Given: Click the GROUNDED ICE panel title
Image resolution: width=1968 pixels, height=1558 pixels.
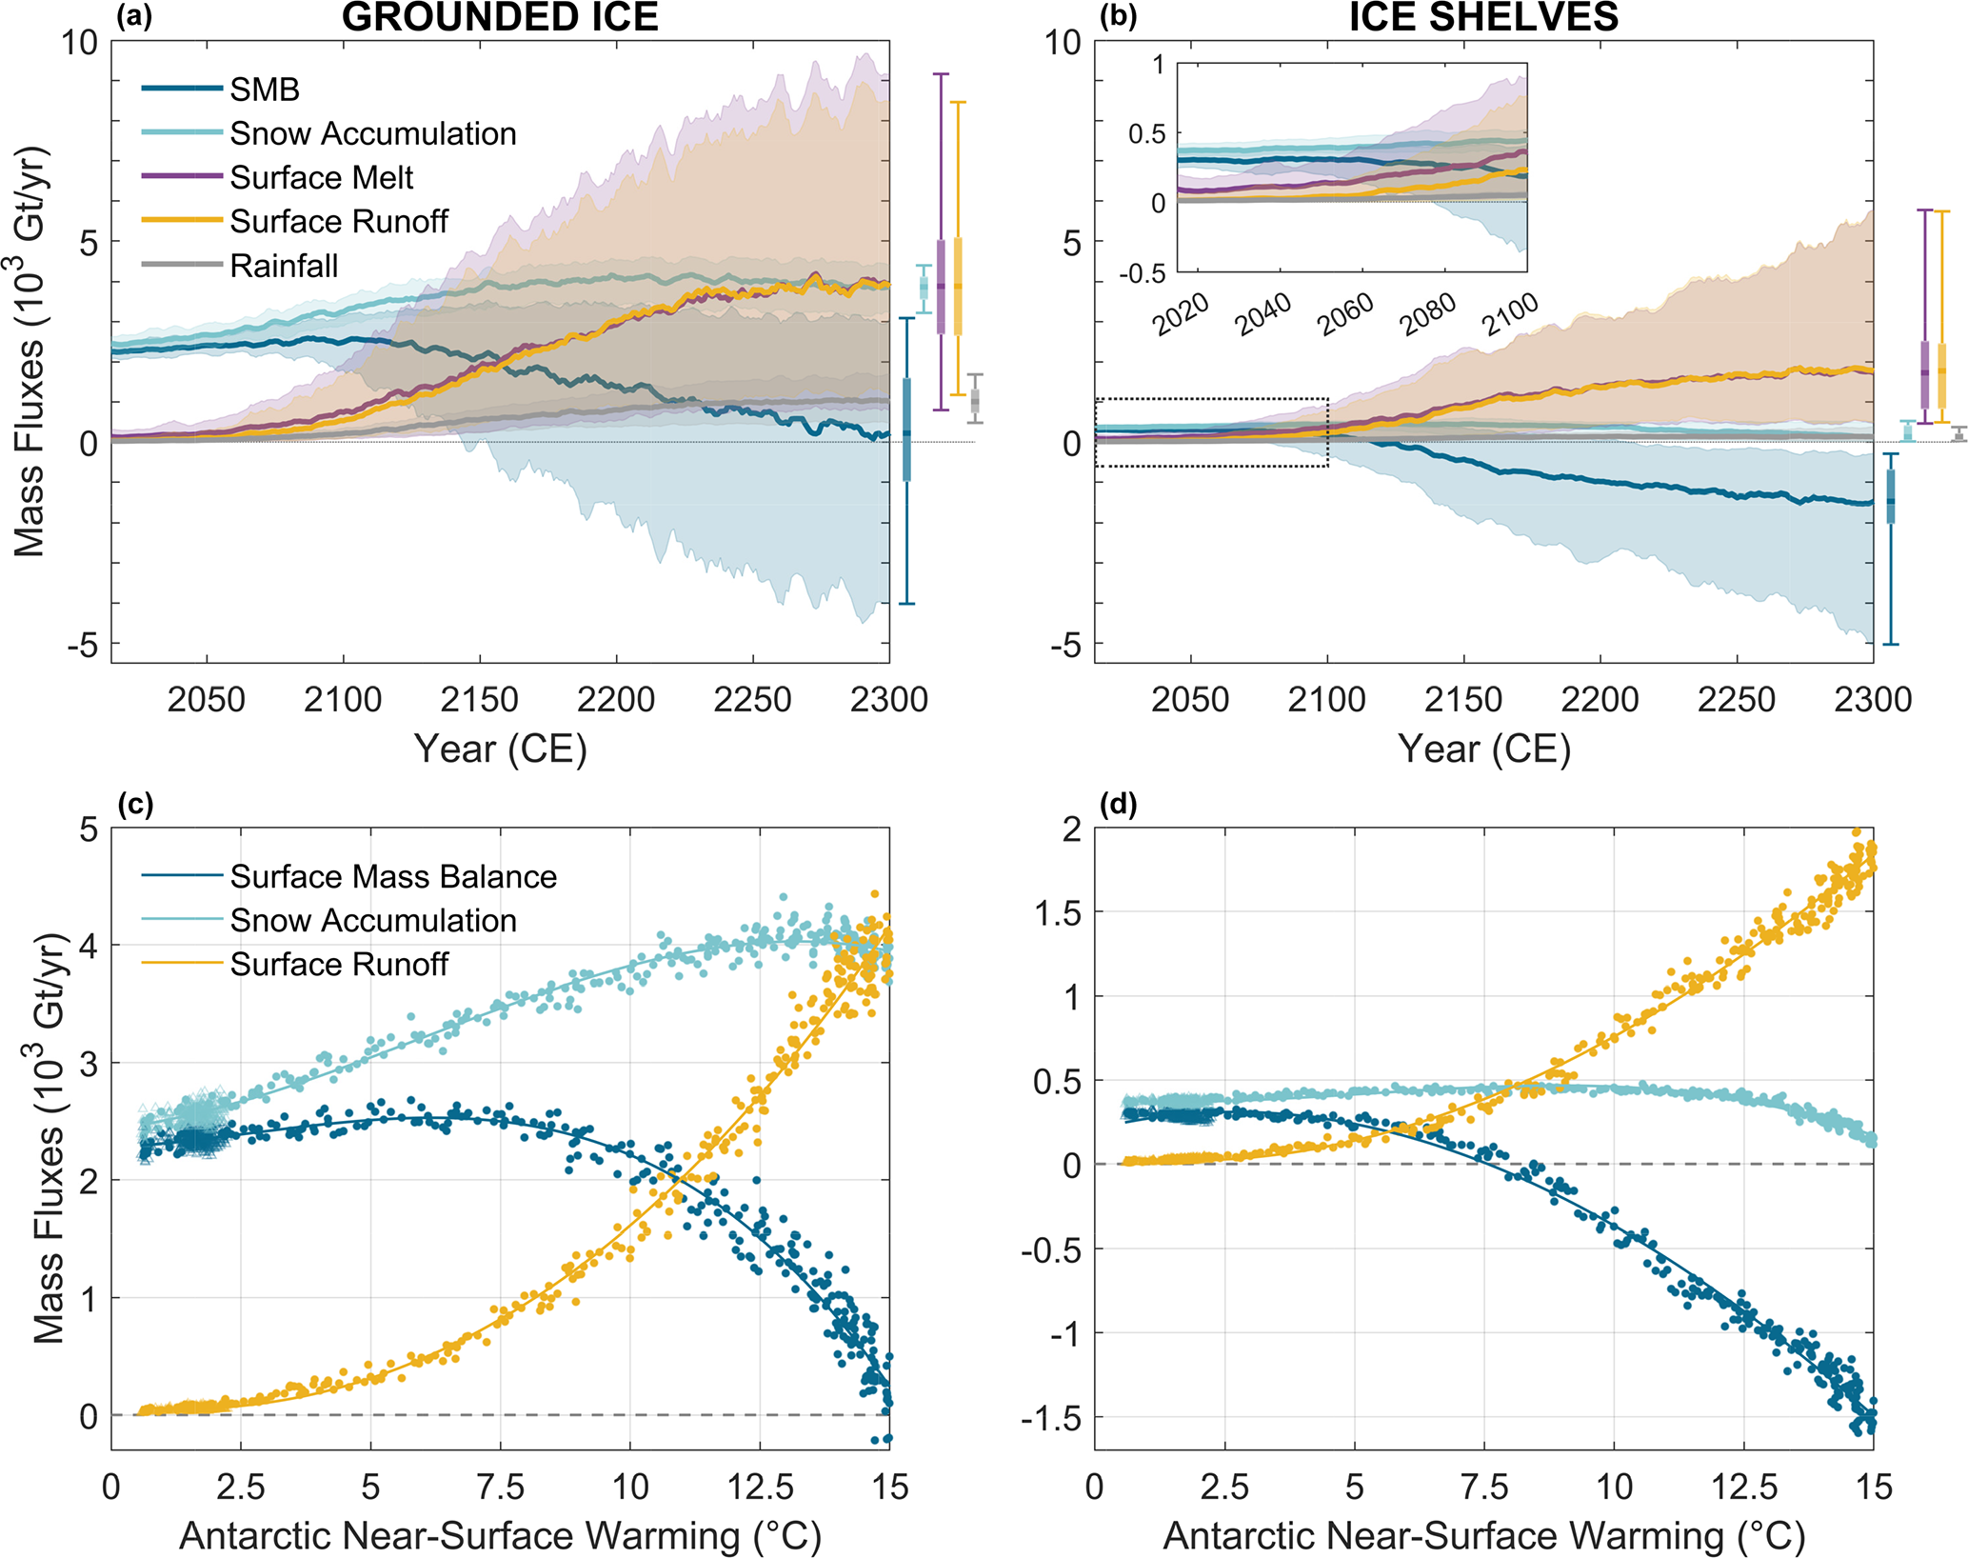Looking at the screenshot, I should click(500, 18).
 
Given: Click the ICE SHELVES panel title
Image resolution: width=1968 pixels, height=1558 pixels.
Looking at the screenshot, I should click(1483, 18).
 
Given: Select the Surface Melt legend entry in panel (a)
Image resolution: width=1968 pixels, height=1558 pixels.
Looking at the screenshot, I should click(321, 177).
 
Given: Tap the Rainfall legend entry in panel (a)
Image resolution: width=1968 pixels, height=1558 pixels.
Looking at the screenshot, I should click(284, 265).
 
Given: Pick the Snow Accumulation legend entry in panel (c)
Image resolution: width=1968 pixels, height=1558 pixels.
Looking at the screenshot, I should click(373, 920).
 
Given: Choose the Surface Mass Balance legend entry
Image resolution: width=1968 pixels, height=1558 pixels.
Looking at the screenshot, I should click(392, 876).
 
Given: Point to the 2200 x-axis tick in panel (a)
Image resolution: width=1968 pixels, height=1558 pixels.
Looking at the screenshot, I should click(616, 700).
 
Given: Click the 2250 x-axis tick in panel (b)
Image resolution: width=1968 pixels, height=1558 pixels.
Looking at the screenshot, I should click(1737, 700).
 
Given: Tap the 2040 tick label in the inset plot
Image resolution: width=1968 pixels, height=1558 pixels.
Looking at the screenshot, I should click(1262, 314).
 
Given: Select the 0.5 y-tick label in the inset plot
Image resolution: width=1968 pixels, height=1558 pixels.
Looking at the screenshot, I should click(1146, 134).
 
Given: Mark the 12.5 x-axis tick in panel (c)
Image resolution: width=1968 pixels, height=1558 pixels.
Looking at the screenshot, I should click(760, 1487).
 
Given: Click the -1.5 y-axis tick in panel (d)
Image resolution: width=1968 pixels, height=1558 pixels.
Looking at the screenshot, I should click(1051, 1419).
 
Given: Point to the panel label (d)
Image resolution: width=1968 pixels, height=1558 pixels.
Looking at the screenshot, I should click(1117, 806).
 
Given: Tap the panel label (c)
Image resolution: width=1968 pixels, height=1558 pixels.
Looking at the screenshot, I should click(134, 806).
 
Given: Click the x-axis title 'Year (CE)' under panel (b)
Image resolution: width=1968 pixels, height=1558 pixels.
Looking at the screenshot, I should click(1483, 749).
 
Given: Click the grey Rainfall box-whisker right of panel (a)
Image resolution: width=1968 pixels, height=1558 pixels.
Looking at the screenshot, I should click(975, 400).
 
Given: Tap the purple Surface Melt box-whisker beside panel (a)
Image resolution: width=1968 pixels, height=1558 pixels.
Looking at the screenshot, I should click(941, 286).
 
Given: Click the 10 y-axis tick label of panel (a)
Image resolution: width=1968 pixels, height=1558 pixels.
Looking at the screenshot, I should click(80, 43).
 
